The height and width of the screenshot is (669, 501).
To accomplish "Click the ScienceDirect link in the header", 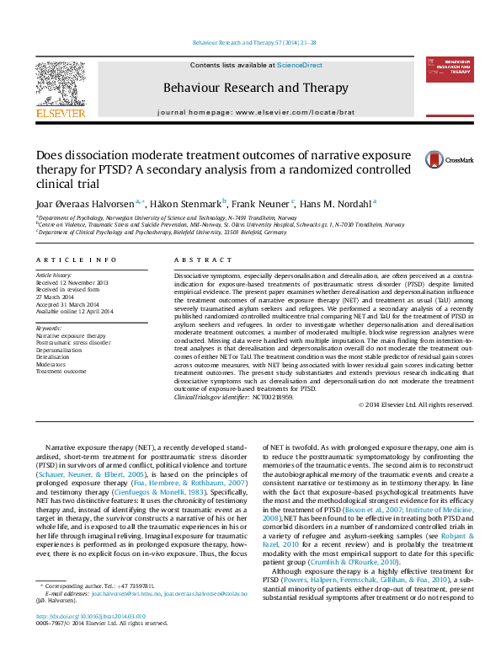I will pos(301,65).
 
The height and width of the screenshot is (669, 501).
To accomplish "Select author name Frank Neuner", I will pos(261,203).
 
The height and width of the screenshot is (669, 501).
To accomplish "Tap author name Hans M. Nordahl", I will pos(336,203).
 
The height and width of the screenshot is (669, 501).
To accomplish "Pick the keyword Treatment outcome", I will pos(61,371).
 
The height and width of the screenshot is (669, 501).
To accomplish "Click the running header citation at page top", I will pos(250,42).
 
